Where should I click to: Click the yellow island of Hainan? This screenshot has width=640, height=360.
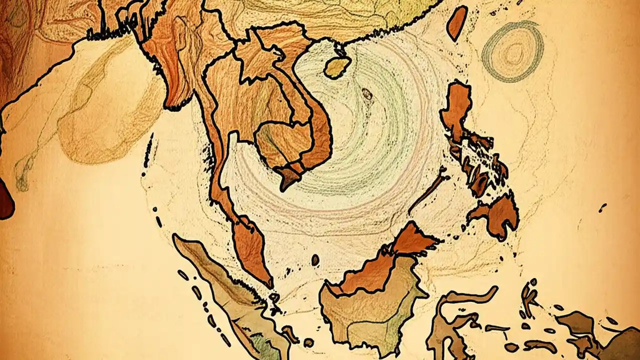pos(336,67)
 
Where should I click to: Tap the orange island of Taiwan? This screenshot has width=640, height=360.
pos(456,23)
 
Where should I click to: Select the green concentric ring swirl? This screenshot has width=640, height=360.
pos(513,51)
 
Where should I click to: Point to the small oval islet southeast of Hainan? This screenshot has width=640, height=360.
pos(367,93)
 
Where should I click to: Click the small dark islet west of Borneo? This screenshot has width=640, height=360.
pos(315,260)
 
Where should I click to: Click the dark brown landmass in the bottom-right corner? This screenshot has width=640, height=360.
pos(620,345)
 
